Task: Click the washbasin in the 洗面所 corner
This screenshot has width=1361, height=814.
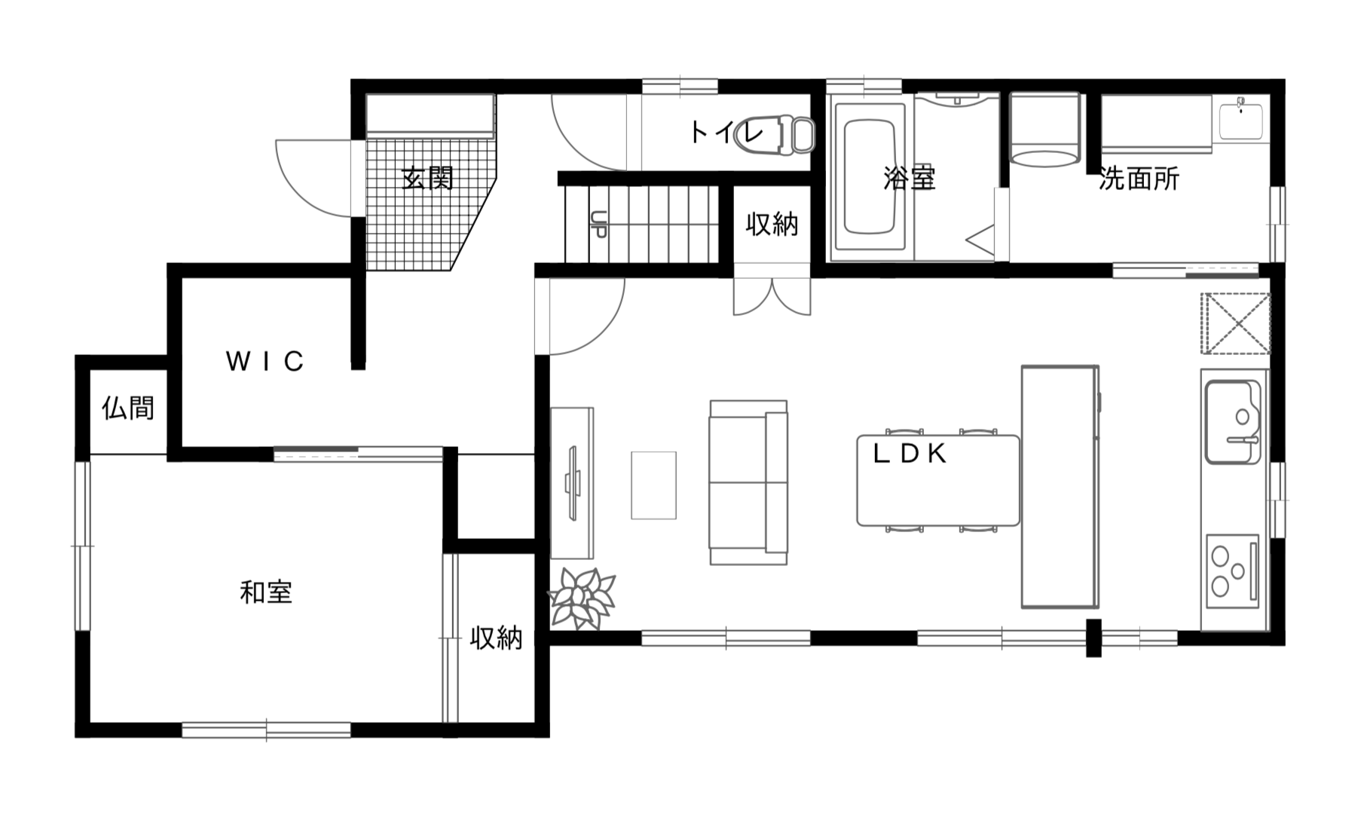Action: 1240,118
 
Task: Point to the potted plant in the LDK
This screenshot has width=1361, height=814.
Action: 582,598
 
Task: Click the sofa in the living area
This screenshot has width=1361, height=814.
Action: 748,482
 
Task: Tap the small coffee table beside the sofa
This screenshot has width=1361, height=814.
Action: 653,485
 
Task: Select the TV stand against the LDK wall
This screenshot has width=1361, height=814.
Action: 572,482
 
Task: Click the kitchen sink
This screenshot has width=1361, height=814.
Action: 1233,421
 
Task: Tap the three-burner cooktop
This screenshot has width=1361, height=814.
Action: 1232,571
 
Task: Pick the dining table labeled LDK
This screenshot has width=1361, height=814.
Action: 938,480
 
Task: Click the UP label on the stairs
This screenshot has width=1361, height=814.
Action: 598,224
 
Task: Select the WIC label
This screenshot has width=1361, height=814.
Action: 265,362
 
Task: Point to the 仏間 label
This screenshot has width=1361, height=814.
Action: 128,408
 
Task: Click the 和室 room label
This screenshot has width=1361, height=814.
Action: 265,592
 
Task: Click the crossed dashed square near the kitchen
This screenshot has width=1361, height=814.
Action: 1236,323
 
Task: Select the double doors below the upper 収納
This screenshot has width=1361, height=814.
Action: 772,297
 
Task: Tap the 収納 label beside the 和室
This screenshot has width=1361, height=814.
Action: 496,638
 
